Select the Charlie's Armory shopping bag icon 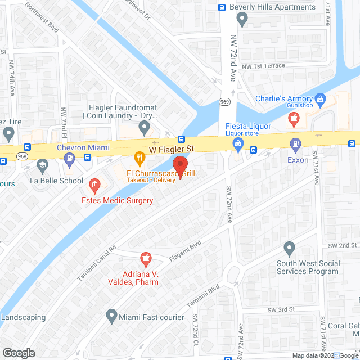pos(321,100)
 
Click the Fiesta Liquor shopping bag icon pos(238,145)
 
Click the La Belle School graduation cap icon pos(41,165)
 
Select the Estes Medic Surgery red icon pos(94,183)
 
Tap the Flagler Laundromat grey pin pos(145,128)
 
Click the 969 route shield pos(223,102)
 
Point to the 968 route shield pos(22,155)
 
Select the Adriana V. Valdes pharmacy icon pos(146,259)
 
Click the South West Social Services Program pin pos(290,247)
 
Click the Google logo pos(19,353)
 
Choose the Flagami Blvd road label pos(185,253)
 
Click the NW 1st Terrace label pos(264,66)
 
